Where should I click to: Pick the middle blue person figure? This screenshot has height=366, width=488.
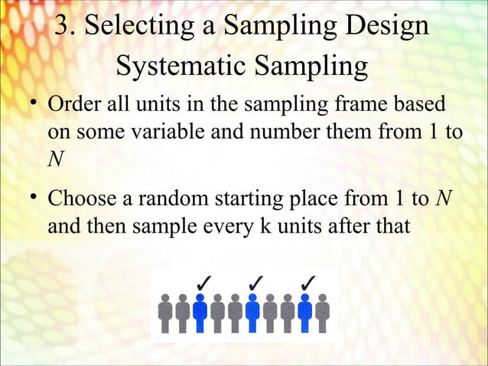point(252,314)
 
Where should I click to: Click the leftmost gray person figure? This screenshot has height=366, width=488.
point(165,314)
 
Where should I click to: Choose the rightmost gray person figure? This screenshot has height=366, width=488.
point(323,314)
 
